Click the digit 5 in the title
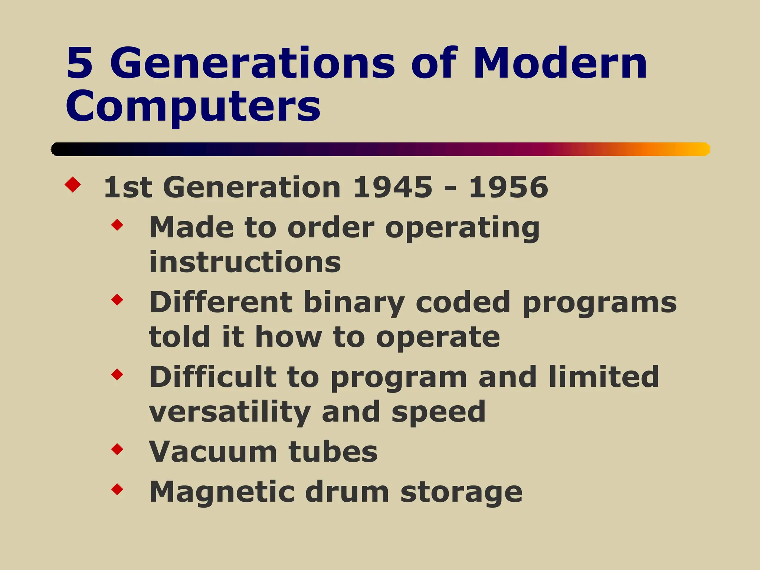click(x=79, y=64)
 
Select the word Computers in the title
click(x=193, y=107)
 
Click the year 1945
click(x=393, y=187)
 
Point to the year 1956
click(x=508, y=187)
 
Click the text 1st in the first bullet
click(x=128, y=187)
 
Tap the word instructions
click(x=245, y=262)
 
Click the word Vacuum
click(x=213, y=452)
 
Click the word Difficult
click(x=213, y=377)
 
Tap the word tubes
click(x=333, y=452)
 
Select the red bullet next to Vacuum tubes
click(x=117, y=449)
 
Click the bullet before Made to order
click(x=117, y=225)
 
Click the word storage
click(x=461, y=492)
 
